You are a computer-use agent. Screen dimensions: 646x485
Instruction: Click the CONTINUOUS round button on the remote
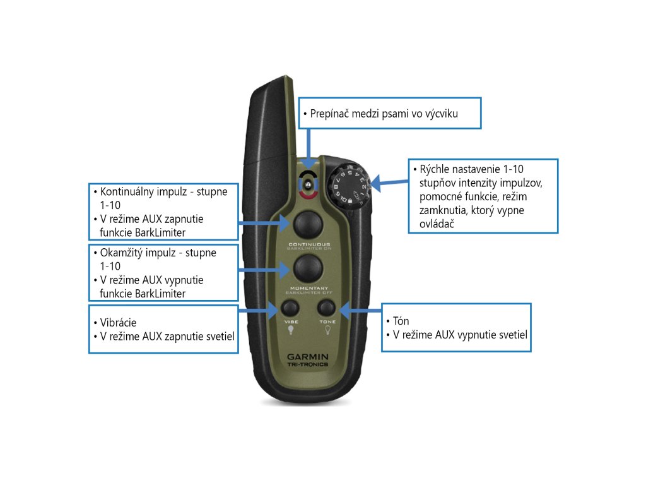(x=307, y=222)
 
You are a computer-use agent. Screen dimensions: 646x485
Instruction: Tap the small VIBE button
(x=290, y=308)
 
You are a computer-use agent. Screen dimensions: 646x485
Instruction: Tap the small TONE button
(x=326, y=308)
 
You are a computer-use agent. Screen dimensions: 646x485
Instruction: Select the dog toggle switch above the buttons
(x=308, y=185)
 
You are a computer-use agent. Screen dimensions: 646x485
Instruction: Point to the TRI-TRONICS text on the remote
(x=308, y=366)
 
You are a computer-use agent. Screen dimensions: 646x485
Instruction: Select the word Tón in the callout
(x=401, y=321)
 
